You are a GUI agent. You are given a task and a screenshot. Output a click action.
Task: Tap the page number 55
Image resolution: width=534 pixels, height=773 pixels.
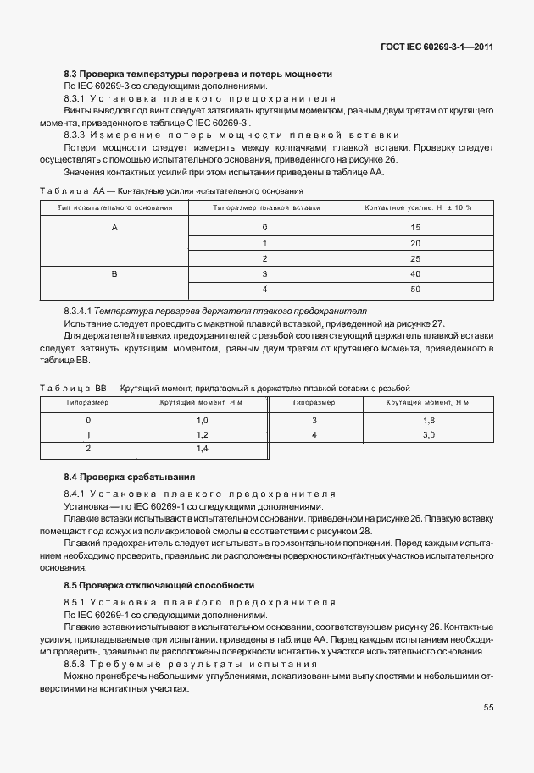[488, 707]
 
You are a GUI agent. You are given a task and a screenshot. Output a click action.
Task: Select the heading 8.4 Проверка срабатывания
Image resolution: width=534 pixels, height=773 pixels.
[130, 477]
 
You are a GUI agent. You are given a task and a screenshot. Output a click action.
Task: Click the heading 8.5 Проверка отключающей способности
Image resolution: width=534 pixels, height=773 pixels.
[159, 585]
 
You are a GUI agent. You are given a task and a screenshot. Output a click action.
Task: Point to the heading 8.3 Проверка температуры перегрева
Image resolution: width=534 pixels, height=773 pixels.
[197, 74]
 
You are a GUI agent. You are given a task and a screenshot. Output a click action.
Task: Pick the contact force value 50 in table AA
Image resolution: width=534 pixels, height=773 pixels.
[415, 290]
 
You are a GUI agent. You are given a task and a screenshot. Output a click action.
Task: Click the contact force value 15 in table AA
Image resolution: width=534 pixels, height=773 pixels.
[415, 228]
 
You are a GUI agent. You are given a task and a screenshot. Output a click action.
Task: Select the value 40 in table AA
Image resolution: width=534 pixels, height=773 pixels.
[415, 274]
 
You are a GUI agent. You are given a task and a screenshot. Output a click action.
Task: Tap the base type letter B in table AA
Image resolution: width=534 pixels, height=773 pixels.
[114, 274]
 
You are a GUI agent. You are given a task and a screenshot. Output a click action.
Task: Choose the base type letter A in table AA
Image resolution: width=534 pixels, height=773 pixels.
[114, 228]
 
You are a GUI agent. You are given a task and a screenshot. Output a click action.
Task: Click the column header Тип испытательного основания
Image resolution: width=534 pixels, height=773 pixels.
[114, 207]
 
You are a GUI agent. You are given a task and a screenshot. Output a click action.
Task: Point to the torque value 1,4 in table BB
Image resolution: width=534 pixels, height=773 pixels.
[202, 448]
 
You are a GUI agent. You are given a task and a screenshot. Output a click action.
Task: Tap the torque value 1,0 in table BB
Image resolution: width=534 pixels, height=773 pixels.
[202, 420]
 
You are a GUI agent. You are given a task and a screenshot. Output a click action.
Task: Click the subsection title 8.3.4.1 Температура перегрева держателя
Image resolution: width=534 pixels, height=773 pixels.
[215, 312]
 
